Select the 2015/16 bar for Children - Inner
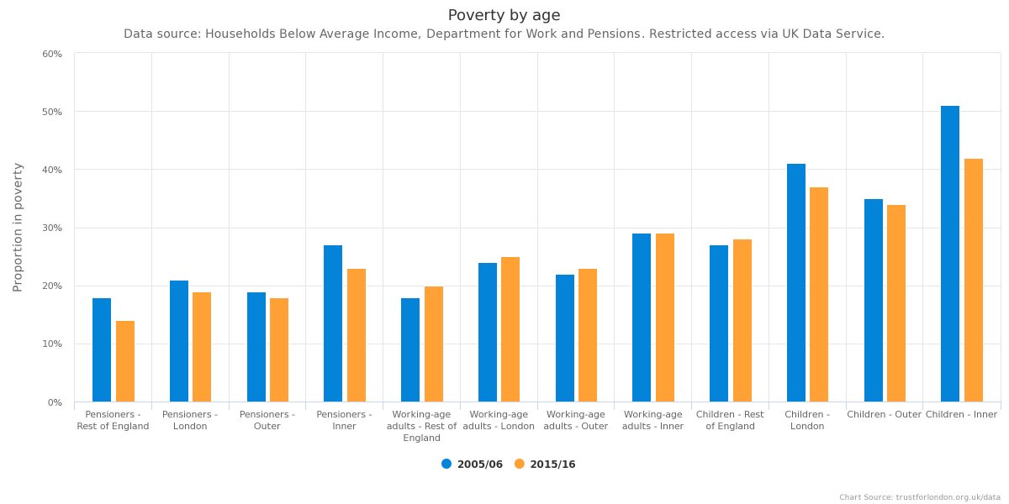pyautogui.click(x=974, y=281)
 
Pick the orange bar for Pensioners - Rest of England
pyautogui.click(x=125, y=361)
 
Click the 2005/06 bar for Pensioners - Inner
pyautogui.click(x=333, y=323)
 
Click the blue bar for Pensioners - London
pyautogui.click(x=179, y=341)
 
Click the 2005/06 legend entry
pyautogui.click(x=473, y=465)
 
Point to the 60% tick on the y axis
pyautogui.click(x=52, y=54)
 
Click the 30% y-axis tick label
pyautogui.click(x=52, y=228)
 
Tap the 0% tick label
pyautogui.click(x=55, y=403)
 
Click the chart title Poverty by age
pyautogui.click(x=504, y=15)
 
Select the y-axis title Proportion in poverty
pyautogui.click(x=18, y=228)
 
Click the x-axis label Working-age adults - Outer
pyautogui.click(x=575, y=420)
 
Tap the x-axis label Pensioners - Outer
pyautogui.click(x=267, y=420)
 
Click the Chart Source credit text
pyautogui.click(x=919, y=497)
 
